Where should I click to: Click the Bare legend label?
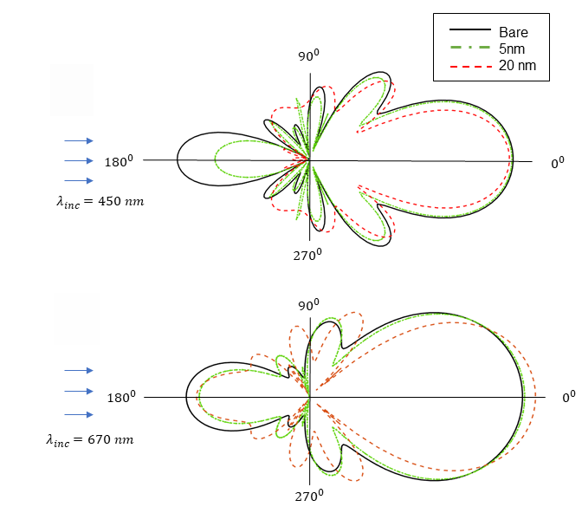tap(514, 32)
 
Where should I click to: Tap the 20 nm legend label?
tap(517, 65)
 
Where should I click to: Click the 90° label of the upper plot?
tap(309, 55)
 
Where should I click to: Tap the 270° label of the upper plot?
tap(307, 254)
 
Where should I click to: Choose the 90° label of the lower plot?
tap(309, 304)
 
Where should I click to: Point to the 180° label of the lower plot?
tap(120, 398)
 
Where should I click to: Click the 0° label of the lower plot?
tap(568, 397)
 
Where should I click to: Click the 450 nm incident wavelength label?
tap(99, 201)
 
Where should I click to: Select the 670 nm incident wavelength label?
tap(90, 439)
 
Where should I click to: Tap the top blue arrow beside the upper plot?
tap(79, 140)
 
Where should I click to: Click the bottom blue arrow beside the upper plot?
tap(79, 180)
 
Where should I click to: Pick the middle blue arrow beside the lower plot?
tap(79, 391)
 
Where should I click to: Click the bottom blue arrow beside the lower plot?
tap(79, 413)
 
